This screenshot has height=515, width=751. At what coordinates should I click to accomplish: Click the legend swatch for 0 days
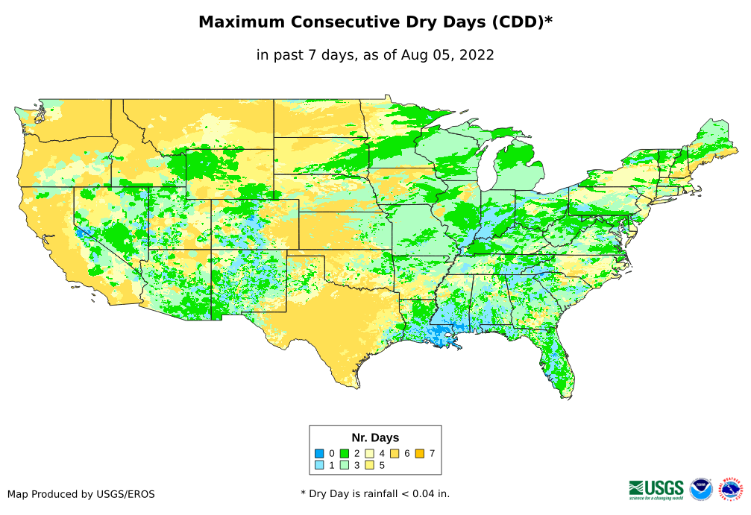click(319, 453)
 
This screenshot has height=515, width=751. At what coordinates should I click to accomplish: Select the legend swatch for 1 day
click(319, 465)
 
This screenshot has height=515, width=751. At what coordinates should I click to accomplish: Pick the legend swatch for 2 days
click(345, 453)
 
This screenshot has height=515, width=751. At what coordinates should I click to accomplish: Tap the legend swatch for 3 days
click(345, 465)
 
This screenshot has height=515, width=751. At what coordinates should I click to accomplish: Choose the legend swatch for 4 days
click(369, 453)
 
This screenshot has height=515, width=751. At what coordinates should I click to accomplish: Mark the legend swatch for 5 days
click(369, 465)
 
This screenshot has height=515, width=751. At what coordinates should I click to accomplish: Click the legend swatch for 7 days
click(419, 453)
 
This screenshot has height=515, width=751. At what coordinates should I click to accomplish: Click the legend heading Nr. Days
click(375, 437)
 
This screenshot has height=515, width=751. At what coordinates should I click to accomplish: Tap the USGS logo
click(656, 489)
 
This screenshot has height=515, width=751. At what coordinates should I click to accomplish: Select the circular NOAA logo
click(701, 489)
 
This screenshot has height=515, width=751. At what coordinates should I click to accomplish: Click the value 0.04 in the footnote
click(418, 493)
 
